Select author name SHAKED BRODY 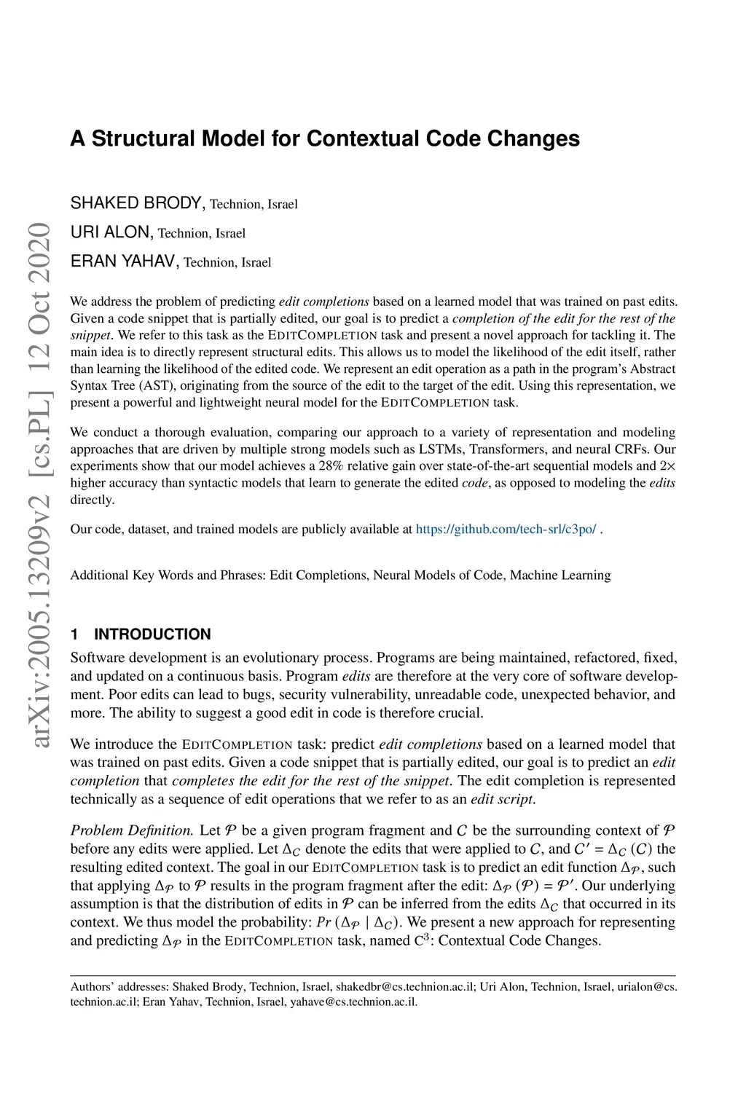click(x=138, y=203)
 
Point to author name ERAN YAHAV click(x=124, y=261)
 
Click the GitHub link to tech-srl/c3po click(x=506, y=529)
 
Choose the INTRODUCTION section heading click(x=152, y=634)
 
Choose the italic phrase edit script click(x=503, y=799)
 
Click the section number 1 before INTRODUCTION click(x=74, y=634)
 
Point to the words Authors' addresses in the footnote click(x=119, y=987)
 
